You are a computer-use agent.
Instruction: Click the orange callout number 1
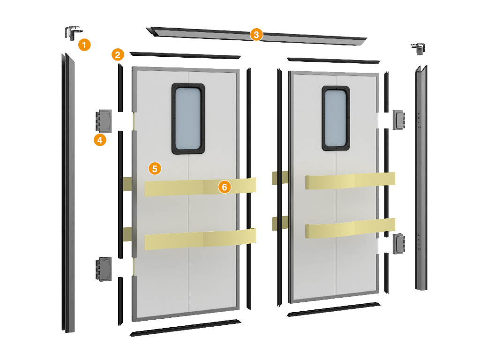pos(84,45)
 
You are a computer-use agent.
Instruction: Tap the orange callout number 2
pos(118,55)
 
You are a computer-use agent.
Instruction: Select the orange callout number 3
pos(256,35)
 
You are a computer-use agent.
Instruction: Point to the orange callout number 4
pos(100,140)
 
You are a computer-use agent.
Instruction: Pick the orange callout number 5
pos(155,168)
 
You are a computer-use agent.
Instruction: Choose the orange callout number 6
pos(225,187)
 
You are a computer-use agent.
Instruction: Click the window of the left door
pos(188,119)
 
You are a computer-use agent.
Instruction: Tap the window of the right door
pos(336,118)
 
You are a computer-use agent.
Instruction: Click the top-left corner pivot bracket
pos(73,32)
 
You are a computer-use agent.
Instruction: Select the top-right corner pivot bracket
pos(418,49)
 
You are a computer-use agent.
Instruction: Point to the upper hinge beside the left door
pos(104,121)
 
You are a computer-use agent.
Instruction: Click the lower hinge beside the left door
pos(104,269)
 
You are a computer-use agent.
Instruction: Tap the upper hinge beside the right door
pos(399,120)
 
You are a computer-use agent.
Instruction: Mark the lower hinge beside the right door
pos(399,244)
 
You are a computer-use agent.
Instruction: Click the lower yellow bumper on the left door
pos(200,239)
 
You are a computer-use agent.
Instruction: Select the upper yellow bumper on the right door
pos(350,180)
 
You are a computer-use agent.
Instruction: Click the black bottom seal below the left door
pos(186,328)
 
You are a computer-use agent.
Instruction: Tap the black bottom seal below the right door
pos(334,309)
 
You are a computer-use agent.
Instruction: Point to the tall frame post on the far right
pos(421,178)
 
